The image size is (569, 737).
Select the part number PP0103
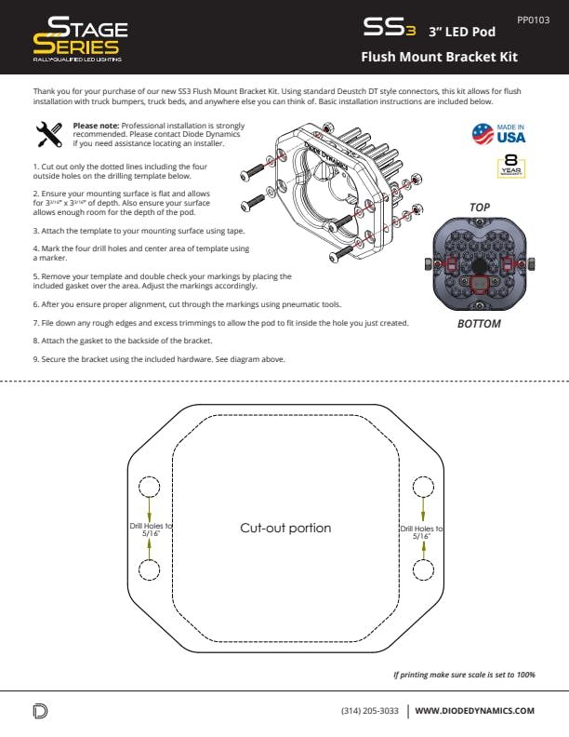[x=534, y=19]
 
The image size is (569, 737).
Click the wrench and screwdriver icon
[x=46, y=135]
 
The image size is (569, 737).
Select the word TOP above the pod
[x=480, y=207]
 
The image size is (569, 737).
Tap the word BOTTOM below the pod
[x=479, y=324]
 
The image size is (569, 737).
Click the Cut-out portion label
[x=284, y=528]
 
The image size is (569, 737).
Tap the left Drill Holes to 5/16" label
[x=150, y=530]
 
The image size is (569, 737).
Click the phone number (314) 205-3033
[x=370, y=711]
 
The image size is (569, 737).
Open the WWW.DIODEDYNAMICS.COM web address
[x=474, y=711]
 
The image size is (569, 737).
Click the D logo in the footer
[x=40, y=712]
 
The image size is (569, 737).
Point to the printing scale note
[x=464, y=674]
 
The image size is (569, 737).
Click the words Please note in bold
[x=96, y=126]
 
